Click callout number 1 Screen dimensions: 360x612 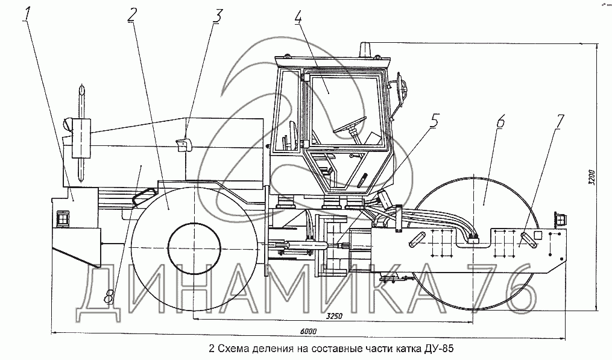[27, 13]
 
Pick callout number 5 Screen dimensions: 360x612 [435, 120]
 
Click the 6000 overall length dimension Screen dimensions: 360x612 [307, 332]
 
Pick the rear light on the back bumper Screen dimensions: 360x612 [63, 218]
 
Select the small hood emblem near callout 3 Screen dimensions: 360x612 [183, 144]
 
